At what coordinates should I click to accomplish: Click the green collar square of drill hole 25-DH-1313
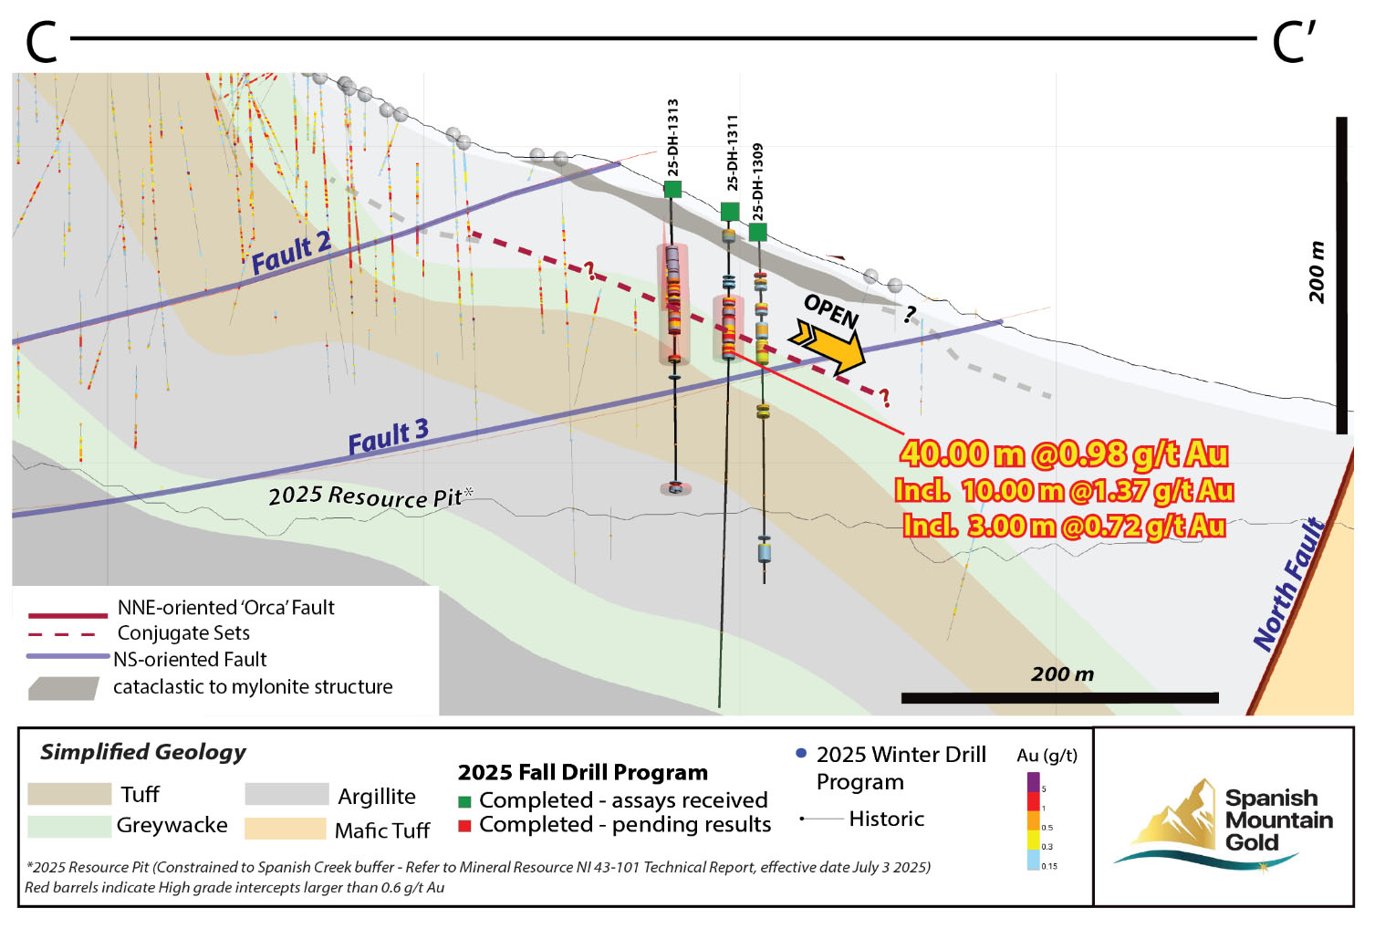click(672, 189)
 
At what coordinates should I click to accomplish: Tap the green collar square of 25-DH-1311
click(730, 212)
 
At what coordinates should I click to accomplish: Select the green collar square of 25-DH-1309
click(757, 232)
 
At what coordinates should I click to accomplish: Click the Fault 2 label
click(291, 253)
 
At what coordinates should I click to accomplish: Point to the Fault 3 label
click(388, 437)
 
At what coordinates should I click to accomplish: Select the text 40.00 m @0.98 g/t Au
click(1064, 454)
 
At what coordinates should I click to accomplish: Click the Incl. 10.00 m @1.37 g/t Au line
click(1064, 491)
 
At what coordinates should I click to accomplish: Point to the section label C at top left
click(42, 42)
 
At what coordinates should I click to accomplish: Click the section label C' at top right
click(1293, 42)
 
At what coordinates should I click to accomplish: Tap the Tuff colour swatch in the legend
click(69, 794)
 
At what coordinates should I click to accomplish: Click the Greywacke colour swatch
click(69, 826)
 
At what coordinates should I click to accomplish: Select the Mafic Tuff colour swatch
click(285, 829)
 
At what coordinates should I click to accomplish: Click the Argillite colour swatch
click(286, 794)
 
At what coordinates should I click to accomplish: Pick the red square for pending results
click(464, 826)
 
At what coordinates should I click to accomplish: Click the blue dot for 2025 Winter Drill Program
click(801, 754)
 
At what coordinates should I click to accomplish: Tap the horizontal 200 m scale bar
click(1059, 698)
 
